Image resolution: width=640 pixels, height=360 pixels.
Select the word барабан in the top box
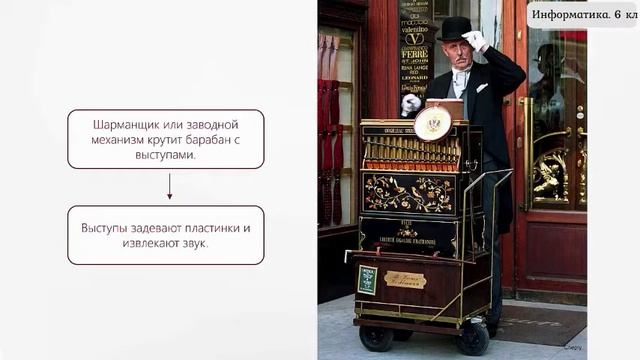[213, 140]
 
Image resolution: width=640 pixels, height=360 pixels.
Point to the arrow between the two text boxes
[169, 186]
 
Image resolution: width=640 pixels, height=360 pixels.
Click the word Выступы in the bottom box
[107, 228]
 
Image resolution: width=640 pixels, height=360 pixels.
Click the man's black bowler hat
[456, 27]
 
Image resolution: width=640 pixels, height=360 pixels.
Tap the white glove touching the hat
[475, 40]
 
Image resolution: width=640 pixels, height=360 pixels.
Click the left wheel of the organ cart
[377, 337]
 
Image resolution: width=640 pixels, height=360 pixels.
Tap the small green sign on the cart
[367, 280]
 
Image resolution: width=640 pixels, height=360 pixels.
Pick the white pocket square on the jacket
[482, 88]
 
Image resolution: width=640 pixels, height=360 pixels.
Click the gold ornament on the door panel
[549, 175]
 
